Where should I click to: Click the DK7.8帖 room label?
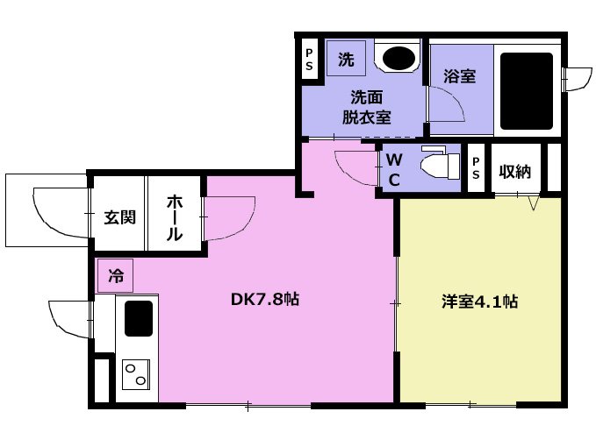click(265, 300)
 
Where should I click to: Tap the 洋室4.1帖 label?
click(479, 302)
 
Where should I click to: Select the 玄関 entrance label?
click(119, 217)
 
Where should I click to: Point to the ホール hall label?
click(174, 218)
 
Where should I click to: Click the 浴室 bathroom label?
click(460, 76)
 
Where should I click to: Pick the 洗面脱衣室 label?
click(366, 108)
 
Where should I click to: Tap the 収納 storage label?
click(515, 172)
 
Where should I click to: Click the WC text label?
click(394, 170)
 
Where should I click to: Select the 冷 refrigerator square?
click(115, 276)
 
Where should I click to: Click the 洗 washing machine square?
click(346, 59)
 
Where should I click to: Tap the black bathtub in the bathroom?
click(527, 91)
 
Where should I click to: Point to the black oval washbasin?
click(399, 58)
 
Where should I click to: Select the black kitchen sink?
click(139, 318)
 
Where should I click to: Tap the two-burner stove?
click(136, 374)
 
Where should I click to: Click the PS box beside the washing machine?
click(309, 60)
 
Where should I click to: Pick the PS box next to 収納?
click(476, 168)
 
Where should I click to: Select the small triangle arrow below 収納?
click(534, 202)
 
